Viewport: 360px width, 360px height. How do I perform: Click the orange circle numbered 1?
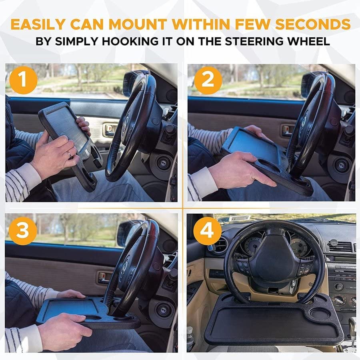coord(24,80)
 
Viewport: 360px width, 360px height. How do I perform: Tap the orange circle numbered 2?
coord(208,80)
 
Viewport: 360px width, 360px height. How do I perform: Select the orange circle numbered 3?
coord(22,231)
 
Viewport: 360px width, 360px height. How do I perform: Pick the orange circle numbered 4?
coord(207,231)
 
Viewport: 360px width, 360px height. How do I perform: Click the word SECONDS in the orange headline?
coord(313,24)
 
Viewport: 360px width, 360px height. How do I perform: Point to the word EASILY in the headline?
coord(38,24)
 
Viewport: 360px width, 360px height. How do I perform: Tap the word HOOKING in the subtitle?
coord(133,42)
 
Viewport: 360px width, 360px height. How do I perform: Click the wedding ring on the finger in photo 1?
coord(69,154)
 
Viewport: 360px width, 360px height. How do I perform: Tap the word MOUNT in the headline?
coord(138,24)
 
